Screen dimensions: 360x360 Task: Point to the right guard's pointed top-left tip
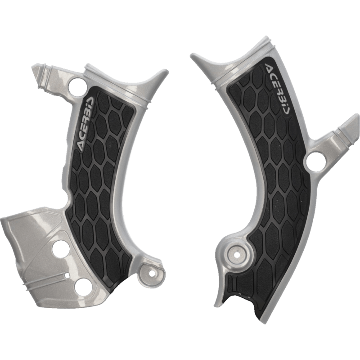coord(193,55)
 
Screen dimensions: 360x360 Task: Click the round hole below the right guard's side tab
coord(315,161)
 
